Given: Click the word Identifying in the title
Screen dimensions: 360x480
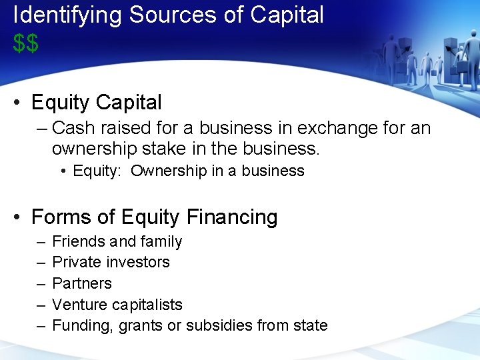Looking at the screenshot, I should (x=67, y=15).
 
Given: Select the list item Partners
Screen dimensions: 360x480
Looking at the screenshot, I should (x=81, y=283).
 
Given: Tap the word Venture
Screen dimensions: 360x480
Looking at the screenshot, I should (x=78, y=305).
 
